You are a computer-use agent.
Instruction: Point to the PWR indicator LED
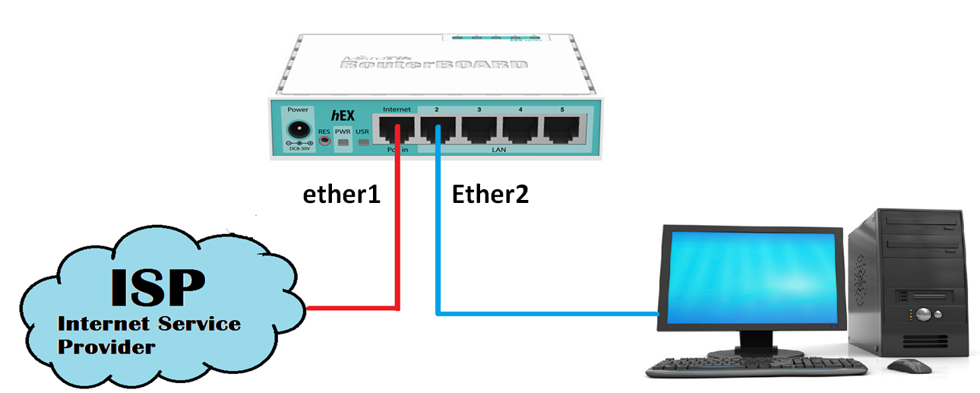click(x=343, y=142)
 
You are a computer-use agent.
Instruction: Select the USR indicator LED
click(x=362, y=142)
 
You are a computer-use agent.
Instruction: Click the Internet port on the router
click(x=397, y=130)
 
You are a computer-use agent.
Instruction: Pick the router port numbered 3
click(x=479, y=130)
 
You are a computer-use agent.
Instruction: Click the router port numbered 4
click(x=520, y=130)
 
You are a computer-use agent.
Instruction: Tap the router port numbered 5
click(x=562, y=130)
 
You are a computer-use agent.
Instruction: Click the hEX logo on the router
click(x=343, y=115)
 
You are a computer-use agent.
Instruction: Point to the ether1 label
click(x=341, y=195)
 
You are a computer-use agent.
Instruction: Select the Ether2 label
click(x=490, y=195)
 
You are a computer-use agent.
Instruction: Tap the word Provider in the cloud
click(x=107, y=347)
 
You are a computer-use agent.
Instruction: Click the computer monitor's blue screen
click(x=753, y=278)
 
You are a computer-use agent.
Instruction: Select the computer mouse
click(x=909, y=366)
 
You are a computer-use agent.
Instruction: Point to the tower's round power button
click(x=923, y=313)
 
